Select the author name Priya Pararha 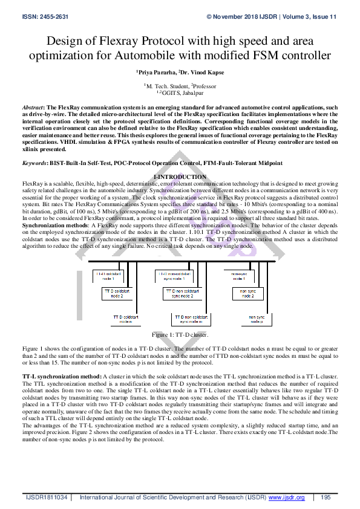click(157, 71)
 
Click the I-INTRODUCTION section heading click(180, 177)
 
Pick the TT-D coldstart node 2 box click(116, 294)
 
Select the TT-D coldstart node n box click(125, 319)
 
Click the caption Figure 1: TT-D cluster click(180, 334)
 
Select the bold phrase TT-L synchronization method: click(61, 376)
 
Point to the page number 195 click(326, 497)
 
